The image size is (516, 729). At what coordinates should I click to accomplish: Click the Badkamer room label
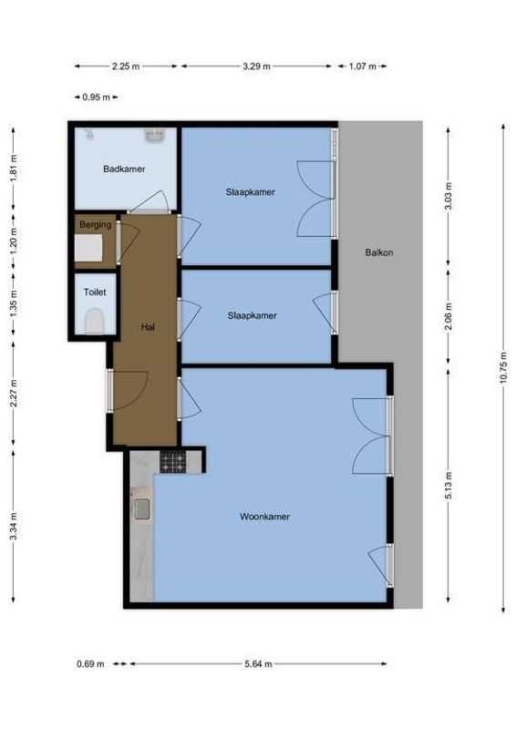coord(124,169)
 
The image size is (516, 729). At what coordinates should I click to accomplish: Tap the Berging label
coord(95,224)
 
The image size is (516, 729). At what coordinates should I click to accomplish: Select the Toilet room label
coord(95,293)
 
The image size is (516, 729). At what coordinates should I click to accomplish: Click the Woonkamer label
coord(265,517)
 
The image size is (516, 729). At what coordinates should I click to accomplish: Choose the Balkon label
coord(379,252)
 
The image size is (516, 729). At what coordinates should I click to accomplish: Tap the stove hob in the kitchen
coord(173,463)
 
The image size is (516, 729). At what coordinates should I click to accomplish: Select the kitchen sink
coord(142,509)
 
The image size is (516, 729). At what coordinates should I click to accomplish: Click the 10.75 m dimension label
coord(502,368)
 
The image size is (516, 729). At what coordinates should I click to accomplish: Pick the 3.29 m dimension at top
coord(256,67)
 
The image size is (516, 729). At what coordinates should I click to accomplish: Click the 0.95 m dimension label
coord(95,98)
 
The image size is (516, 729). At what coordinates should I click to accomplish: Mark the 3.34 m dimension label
coord(13,525)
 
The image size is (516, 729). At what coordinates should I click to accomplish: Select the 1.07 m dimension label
coord(362,67)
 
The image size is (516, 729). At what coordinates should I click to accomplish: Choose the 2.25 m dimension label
coord(126,67)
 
